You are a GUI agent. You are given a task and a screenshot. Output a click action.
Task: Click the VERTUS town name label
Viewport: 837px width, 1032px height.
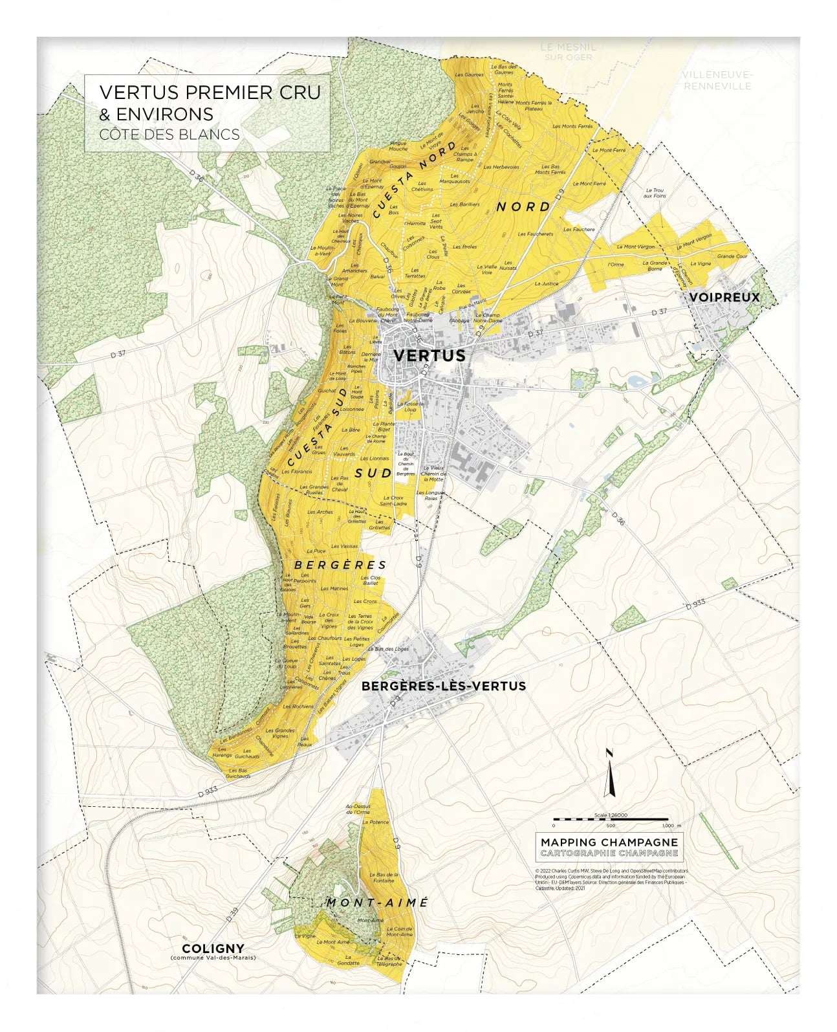(x=429, y=355)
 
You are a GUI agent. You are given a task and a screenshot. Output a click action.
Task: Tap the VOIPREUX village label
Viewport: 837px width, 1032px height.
(x=724, y=297)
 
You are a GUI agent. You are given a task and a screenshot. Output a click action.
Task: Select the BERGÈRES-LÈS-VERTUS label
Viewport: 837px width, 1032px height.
(x=444, y=686)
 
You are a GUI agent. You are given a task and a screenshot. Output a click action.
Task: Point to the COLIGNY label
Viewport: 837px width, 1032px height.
(x=213, y=949)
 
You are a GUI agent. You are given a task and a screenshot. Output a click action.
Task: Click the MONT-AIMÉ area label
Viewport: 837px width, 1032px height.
(x=377, y=903)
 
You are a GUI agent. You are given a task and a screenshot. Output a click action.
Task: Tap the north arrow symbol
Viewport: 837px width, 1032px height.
(x=608, y=773)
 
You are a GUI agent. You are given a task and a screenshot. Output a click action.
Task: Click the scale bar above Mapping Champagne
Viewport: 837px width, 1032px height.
(x=610, y=820)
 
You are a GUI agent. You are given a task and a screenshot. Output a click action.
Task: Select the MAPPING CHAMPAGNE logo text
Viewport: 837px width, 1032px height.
(x=609, y=842)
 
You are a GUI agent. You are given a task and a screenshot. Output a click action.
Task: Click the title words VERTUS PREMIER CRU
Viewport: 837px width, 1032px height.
(x=210, y=93)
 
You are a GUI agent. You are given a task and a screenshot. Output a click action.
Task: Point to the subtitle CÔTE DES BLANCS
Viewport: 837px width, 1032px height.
(x=169, y=135)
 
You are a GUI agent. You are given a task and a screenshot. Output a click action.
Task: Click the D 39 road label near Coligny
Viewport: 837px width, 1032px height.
(x=233, y=914)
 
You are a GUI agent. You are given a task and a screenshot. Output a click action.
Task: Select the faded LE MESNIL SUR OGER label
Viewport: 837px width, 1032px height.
(x=568, y=52)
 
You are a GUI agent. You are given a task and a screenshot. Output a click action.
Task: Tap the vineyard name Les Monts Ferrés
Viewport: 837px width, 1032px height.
(x=573, y=126)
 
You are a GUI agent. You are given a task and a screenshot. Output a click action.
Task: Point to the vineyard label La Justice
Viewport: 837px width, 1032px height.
(x=546, y=283)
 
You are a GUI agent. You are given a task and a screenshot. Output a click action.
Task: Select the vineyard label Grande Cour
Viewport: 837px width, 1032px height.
(x=732, y=256)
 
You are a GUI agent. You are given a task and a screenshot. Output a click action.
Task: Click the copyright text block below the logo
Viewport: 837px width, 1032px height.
(x=611, y=880)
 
